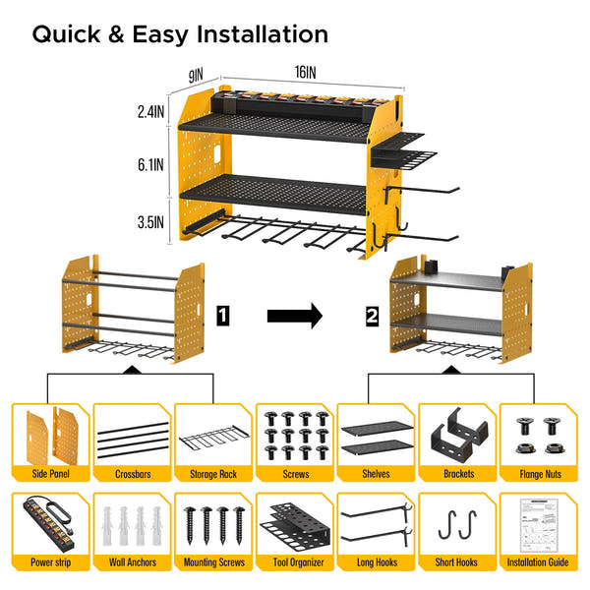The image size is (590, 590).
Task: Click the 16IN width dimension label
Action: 304,73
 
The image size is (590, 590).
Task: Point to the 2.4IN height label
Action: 149,113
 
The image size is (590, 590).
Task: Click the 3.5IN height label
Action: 149,223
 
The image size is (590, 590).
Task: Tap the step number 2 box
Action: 371,316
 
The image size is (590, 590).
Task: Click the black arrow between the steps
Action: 294,316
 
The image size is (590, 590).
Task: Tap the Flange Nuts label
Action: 538,473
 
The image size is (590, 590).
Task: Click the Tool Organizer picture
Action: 294,526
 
